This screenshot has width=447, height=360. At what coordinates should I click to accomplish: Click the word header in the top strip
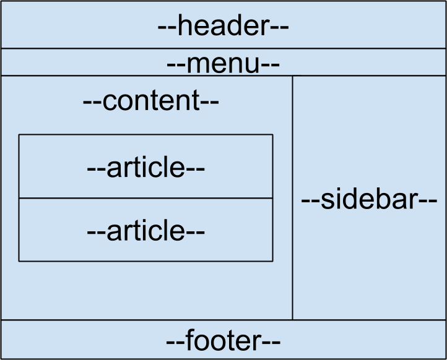tap(223, 27)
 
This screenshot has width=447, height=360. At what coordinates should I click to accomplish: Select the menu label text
tap(223, 64)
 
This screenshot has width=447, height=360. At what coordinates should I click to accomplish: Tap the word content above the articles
tap(151, 101)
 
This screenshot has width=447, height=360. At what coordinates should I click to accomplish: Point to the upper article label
tap(146, 168)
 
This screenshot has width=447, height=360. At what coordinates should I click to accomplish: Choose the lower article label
tap(146, 231)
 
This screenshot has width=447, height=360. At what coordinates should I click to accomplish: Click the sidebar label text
tap(370, 200)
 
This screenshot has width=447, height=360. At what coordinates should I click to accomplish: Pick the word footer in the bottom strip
tap(223, 341)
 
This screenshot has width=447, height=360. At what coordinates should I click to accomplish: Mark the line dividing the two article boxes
tap(146, 199)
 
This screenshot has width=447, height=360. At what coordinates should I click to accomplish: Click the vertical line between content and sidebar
tap(292, 198)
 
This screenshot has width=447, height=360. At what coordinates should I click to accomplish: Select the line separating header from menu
tap(223, 48)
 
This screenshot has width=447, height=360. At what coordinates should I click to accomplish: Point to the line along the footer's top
tap(223, 320)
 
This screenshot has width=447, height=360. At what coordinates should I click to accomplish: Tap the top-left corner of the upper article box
tap(19, 134)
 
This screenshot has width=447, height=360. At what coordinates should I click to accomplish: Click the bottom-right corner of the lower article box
tap(272, 261)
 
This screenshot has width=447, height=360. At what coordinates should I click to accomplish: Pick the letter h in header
tap(185, 27)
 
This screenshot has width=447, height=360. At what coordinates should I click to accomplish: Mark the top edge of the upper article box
tap(146, 134)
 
